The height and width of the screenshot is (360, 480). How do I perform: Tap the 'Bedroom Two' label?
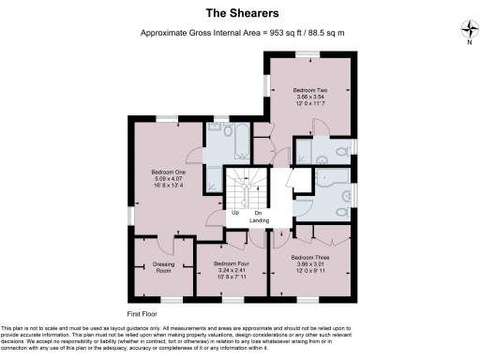coord(309,90)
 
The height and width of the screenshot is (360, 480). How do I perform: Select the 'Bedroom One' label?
coord(168,172)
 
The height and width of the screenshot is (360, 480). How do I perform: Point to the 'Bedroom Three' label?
coord(309,257)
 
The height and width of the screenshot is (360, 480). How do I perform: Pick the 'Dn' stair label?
coord(258,212)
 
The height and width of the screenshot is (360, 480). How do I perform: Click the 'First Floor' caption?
coord(142,311)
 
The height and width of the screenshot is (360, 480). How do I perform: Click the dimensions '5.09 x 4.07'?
coord(168,178)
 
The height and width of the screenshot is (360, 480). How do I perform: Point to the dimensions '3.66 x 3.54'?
coord(309,97)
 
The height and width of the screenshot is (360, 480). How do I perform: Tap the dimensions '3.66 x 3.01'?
coord(309,263)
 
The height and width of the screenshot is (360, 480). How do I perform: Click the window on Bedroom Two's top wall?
coord(309,53)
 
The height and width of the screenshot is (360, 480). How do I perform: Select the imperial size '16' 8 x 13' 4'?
coord(168,185)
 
